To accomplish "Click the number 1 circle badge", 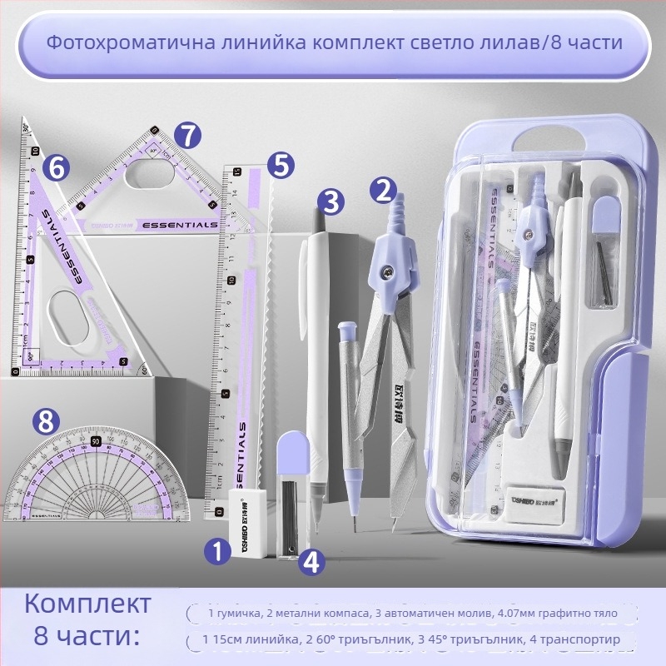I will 217,550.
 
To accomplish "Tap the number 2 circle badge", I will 383,191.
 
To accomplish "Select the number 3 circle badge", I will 331,201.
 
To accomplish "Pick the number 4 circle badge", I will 311,562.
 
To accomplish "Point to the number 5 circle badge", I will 282,165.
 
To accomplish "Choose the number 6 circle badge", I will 56,167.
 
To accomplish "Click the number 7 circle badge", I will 189,134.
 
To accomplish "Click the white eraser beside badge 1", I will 251,525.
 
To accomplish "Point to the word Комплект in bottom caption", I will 88,604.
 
